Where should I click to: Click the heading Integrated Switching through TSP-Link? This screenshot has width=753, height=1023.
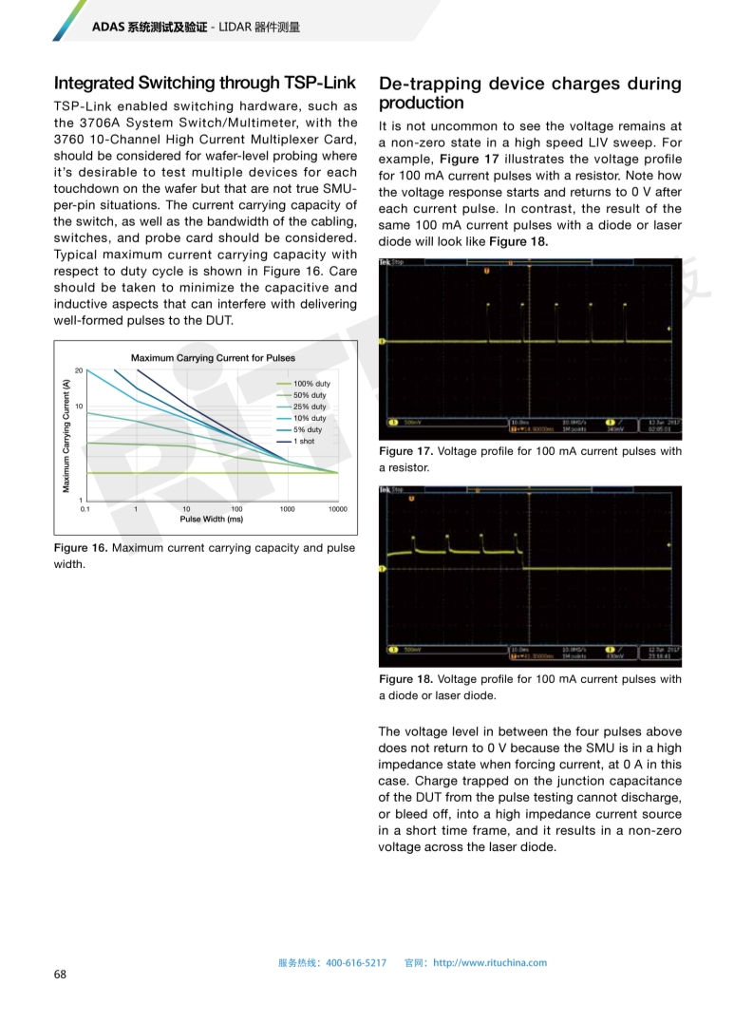pos(204,84)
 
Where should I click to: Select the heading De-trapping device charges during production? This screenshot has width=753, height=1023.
pos(529,93)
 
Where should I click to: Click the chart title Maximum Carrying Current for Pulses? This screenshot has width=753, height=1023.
pos(213,358)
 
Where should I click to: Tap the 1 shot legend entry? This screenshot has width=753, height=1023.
pos(304,441)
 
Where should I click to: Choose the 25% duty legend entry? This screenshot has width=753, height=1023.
pos(310,407)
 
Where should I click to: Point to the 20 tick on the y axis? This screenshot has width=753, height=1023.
pos(80,370)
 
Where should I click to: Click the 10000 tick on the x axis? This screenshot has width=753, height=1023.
pos(337,509)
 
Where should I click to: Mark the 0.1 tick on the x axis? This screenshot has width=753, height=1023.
pos(85,509)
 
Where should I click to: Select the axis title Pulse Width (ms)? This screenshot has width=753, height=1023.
pos(212,519)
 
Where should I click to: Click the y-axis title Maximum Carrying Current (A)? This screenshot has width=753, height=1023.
pos(66,435)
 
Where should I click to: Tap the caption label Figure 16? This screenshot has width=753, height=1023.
pos(81,548)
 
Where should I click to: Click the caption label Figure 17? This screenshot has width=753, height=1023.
pos(405,451)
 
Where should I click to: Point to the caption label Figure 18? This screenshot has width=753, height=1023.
pos(405,679)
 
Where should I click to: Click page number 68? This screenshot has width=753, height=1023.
pos(60,975)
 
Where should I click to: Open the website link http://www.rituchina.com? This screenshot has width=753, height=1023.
pos(490,962)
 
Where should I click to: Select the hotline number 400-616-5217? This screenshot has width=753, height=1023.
pos(356,962)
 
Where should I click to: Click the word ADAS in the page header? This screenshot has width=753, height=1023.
pos(108,28)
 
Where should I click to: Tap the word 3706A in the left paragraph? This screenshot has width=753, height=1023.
pos(112,123)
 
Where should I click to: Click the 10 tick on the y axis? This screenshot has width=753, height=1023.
pos(80,407)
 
